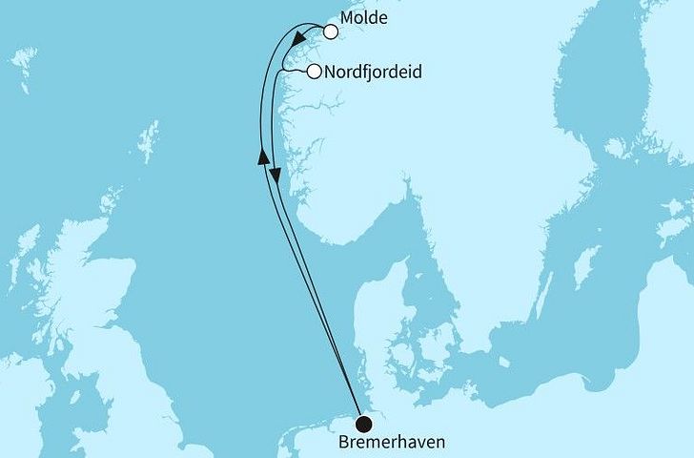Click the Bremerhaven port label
click(x=390, y=444)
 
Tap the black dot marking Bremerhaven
click(x=364, y=425)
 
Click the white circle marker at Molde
click(x=331, y=31)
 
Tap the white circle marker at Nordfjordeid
click(x=313, y=71)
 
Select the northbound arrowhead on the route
click(x=262, y=157)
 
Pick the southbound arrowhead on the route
click(x=276, y=177)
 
